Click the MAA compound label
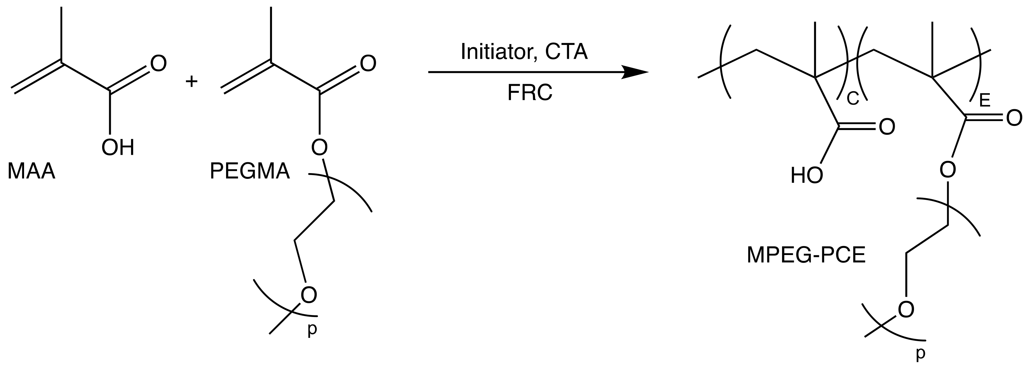(x=31, y=172)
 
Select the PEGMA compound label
(x=250, y=172)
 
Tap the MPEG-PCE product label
(x=806, y=255)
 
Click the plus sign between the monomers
(x=192, y=82)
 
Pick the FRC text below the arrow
(x=530, y=93)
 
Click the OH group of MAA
(x=118, y=148)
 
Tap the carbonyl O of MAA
(x=158, y=64)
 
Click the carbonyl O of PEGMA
(x=368, y=64)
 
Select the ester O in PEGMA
(x=319, y=148)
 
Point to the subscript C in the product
(x=852, y=99)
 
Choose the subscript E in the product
(x=985, y=101)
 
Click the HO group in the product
(x=807, y=176)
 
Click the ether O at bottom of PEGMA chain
(x=309, y=295)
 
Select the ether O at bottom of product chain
(x=906, y=310)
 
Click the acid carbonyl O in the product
(x=887, y=128)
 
